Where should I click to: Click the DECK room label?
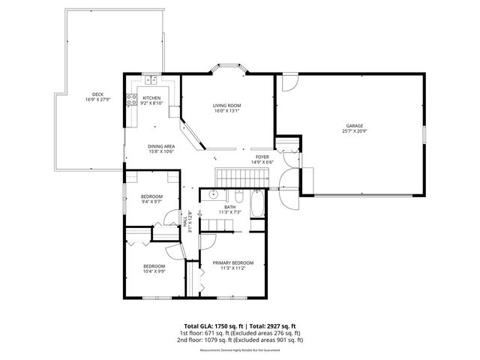pos(97,96)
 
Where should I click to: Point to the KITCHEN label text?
pos(151,98)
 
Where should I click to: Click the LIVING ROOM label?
pos(226,106)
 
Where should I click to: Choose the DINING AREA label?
pos(161,146)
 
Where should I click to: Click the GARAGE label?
pos(355,126)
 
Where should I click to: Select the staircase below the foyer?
pos(242,178)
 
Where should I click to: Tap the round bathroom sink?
pos(213,196)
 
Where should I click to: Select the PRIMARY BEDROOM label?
pos(232,262)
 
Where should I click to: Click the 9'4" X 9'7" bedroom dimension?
pos(151,202)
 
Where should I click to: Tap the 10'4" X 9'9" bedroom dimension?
pos(154,271)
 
